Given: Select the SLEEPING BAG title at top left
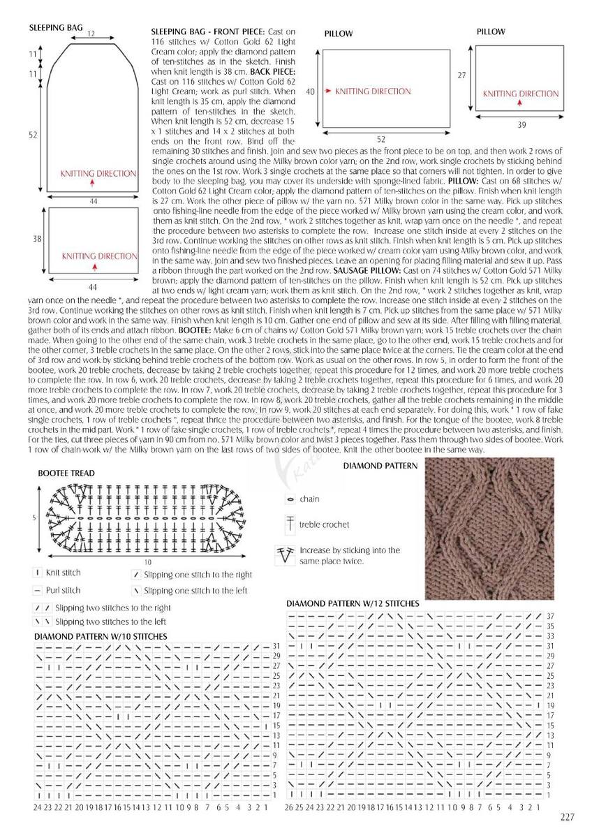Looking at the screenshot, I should point(56,28).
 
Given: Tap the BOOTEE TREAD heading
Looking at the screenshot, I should point(66,473).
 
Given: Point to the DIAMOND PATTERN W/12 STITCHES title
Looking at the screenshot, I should point(353,603).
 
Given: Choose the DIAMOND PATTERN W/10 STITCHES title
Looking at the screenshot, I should point(101,636).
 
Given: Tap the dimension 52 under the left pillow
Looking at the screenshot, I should point(380,139).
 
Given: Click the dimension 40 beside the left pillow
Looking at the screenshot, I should point(311,91).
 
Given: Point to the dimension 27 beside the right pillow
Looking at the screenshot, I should point(461,75).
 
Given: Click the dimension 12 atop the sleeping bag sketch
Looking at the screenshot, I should point(91,34).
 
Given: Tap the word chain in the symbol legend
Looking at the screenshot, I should point(309,499).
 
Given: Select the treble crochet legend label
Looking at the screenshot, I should point(325,524).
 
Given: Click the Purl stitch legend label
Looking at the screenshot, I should point(63,590).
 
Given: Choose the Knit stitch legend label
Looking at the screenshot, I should point(63,573).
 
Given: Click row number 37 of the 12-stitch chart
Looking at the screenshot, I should point(550,617).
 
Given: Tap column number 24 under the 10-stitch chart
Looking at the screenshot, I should point(37,807).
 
